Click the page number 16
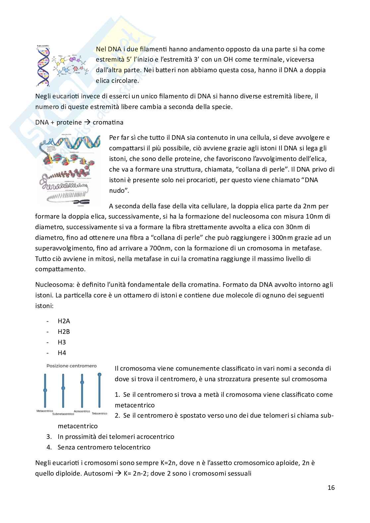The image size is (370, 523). pos(331,488)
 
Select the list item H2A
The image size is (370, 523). pos(64,321)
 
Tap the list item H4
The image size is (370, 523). pos(62,353)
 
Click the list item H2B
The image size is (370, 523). pos(64,332)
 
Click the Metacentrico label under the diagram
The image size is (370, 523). pos(45,411)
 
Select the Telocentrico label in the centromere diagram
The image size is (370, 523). pos(99,413)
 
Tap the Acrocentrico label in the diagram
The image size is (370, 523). pos(82,411)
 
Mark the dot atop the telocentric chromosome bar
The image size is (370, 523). pos(99,375)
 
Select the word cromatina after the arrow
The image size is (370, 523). pos(108,122)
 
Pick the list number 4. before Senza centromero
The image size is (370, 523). pos(49,447)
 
